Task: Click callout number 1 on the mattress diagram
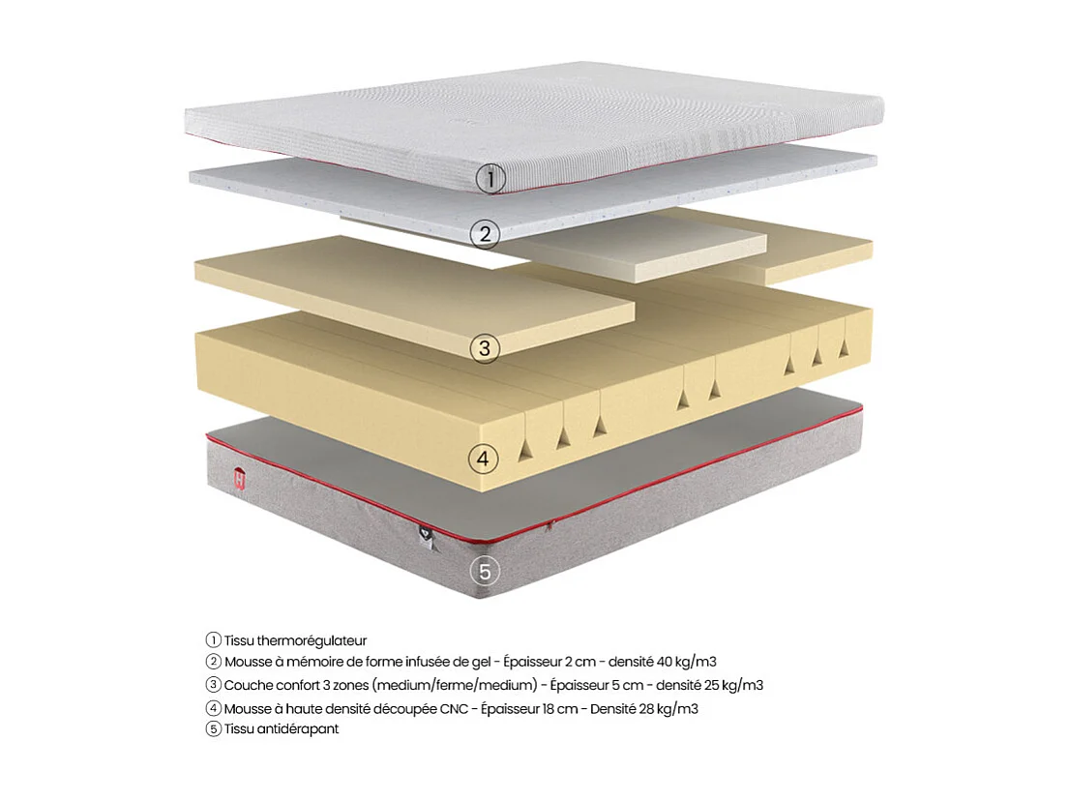491,178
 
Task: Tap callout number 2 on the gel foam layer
486,233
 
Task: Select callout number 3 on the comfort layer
486,347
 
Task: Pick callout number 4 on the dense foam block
485,458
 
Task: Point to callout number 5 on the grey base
486,571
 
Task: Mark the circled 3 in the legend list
214,686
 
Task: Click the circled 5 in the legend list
214,729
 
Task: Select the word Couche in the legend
248,686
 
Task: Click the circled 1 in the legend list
214,640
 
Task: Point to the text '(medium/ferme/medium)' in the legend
468,686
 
